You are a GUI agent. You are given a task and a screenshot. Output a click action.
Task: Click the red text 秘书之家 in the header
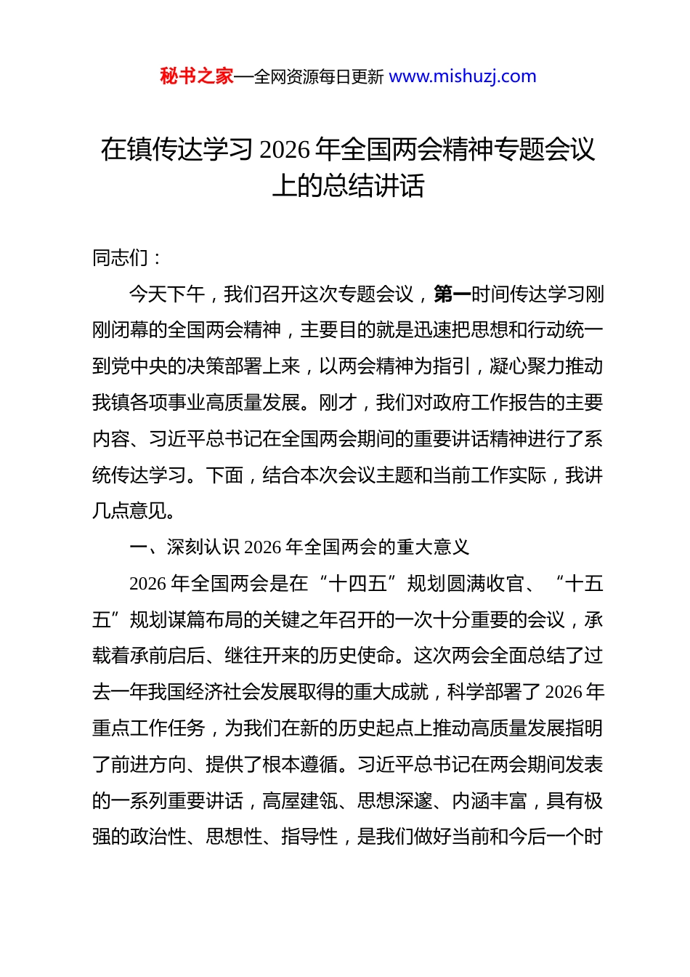[197, 76]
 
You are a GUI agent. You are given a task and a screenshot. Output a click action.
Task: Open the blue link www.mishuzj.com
[463, 76]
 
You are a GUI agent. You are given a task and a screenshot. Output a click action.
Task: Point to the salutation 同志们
[121, 258]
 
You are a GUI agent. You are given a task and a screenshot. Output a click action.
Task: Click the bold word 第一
[452, 294]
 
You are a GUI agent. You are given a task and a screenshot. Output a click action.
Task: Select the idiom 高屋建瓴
[300, 801]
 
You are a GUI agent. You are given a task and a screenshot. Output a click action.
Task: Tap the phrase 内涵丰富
[490, 801]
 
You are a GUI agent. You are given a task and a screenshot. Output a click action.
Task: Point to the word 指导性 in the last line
[310, 837]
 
